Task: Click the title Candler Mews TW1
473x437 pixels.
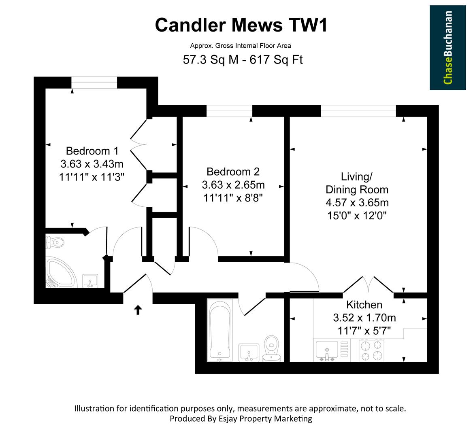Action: point(241,25)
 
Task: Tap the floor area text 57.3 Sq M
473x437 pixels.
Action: point(208,60)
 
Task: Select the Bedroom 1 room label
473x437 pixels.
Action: point(92,151)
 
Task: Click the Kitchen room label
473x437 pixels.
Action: point(364,305)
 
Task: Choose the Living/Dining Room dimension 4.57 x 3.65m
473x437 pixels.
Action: point(357,202)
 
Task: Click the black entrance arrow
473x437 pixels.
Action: point(138,310)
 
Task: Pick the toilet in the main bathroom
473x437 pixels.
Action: point(271,348)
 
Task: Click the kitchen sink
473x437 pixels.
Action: point(326,349)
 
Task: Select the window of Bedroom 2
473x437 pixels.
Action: point(229,110)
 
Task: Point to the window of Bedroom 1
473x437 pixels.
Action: point(94,82)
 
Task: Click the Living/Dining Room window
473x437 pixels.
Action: point(358,110)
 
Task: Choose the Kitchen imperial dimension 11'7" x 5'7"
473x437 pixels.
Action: point(364,331)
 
